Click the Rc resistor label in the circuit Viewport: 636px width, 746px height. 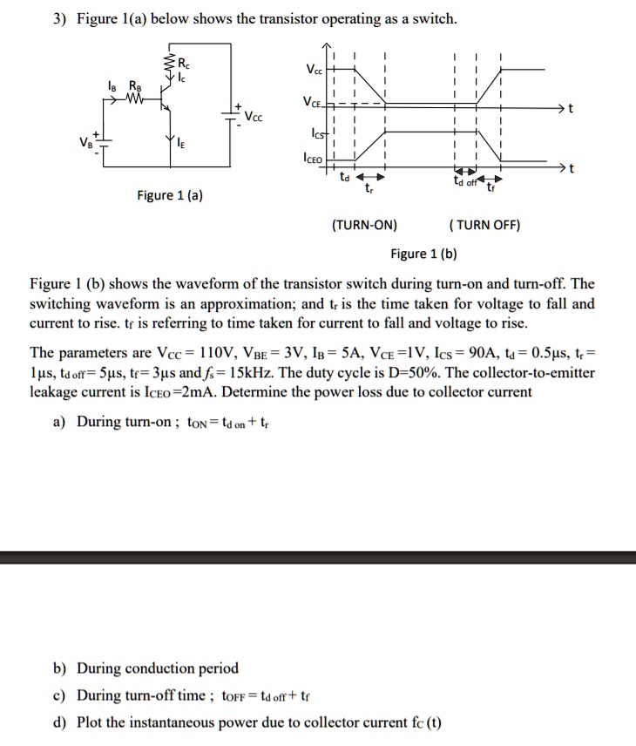click(x=181, y=63)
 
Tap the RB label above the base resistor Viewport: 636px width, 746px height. click(x=135, y=85)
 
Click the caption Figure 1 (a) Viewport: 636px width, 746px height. click(x=171, y=195)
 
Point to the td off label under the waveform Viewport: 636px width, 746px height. click(x=465, y=180)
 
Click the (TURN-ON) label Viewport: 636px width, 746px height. click(x=364, y=225)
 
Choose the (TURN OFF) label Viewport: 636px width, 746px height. click(x=484, y=225)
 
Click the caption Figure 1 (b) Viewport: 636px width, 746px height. click(x=423, y=254)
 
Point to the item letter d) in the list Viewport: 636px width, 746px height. click(x=59, y=722)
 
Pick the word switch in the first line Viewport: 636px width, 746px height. click(x=436, y=19)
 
